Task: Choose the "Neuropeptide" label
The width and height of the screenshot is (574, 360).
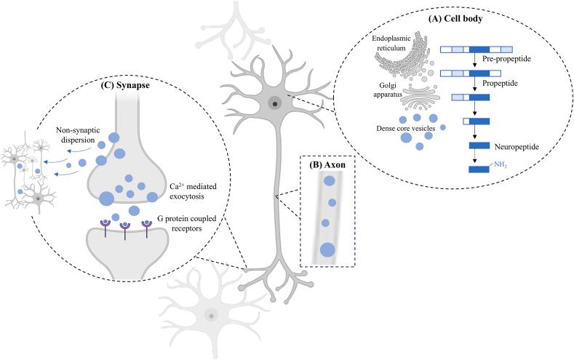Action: click(x=519, y=145)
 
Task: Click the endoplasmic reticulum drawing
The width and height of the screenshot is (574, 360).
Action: click(x=418, y=55)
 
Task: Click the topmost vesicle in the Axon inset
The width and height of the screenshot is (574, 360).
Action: click(x=329, y=180)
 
